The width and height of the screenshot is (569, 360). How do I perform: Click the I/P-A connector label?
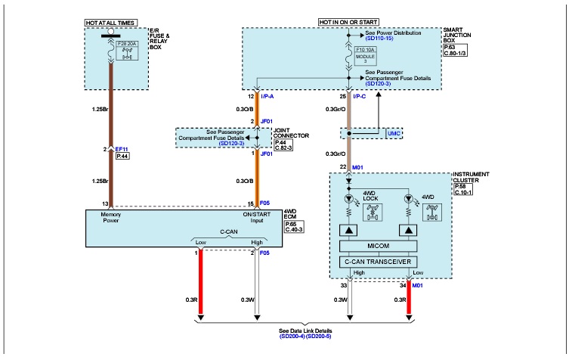[x=267, y=97]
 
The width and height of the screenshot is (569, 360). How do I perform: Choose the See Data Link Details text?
[x=306, y=331]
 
